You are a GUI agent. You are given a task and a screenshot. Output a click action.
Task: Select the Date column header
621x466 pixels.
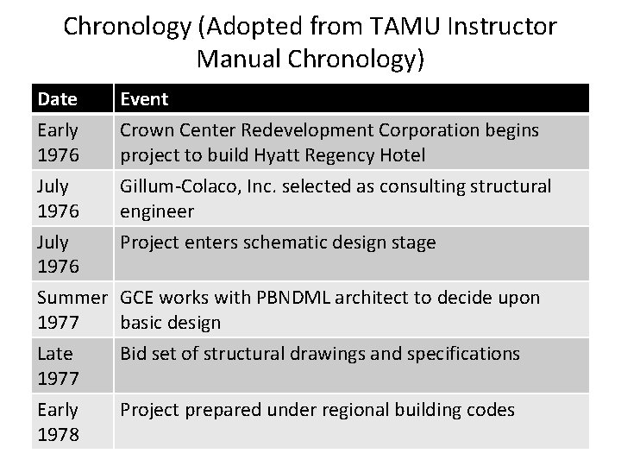[57, 99]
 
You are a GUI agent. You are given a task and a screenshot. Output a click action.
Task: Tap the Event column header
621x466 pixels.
[144, 99]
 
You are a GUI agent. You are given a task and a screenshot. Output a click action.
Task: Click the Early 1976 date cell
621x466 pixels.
[58, 142]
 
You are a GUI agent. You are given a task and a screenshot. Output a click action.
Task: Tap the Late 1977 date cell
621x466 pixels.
[55, 365]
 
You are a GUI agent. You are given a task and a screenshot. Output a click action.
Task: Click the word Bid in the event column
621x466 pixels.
[135, 353]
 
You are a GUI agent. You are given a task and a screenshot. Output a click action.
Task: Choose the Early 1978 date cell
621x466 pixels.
[58, 421]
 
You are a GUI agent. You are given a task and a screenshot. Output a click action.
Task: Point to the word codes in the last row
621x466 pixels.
[491, 409]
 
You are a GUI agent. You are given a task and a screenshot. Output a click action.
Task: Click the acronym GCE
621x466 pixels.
[139, 298]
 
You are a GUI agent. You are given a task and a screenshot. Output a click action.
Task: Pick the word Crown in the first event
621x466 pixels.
[144, 130]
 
